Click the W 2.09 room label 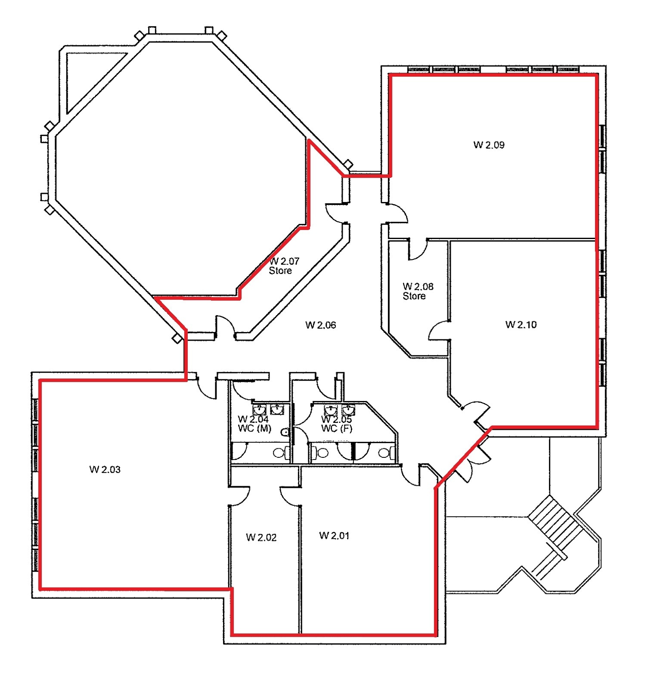coord(489,145)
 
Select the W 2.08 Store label coord(417,291)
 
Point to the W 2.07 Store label coord(283,266)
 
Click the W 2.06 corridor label coord(320,325)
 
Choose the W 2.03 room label coord(105,469)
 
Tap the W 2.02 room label coord(261,537)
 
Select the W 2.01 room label coord(334,535)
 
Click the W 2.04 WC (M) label coord(254,424)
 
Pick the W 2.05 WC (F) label coord(337,424)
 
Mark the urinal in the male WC coord(285,432)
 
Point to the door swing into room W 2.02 coord(240,495)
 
